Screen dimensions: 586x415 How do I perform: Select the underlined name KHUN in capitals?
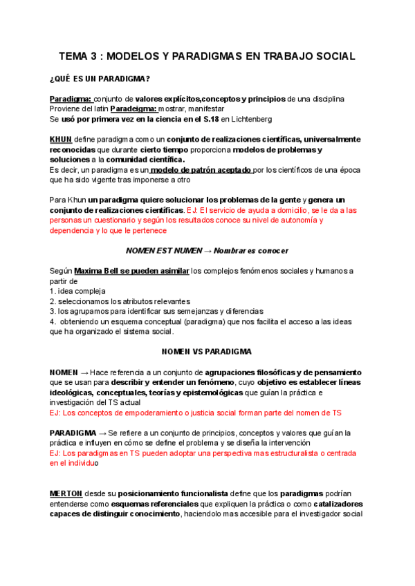tap(61, 139)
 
